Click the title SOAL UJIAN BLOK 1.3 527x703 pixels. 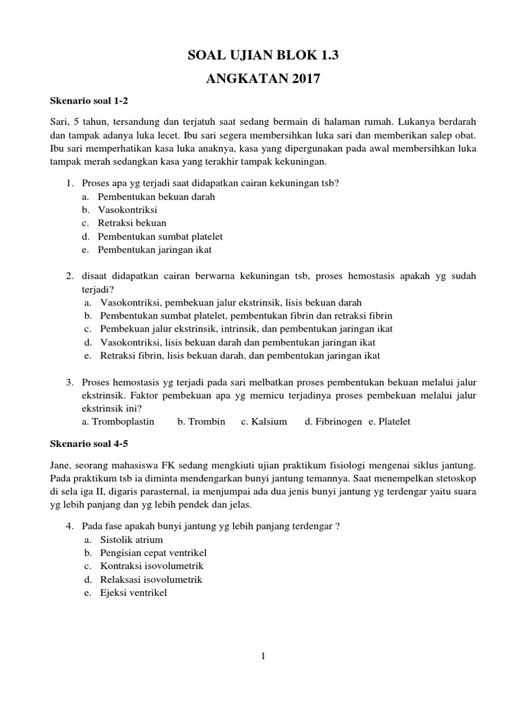pos(263,56)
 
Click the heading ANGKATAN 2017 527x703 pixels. pos(263,79)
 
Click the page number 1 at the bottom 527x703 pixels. pos(263,656)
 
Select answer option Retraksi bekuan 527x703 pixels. pos(132,223)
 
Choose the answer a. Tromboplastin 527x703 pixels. pos(118,421)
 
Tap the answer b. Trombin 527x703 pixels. pos(201,421)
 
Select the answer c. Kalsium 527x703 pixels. pos(263,421)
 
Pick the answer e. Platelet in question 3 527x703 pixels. pos(389,421)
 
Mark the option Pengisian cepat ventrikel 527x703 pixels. pos(154,553)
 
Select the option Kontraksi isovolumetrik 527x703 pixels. pos(152,566)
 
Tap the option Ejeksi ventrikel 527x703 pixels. pos(133,592)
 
